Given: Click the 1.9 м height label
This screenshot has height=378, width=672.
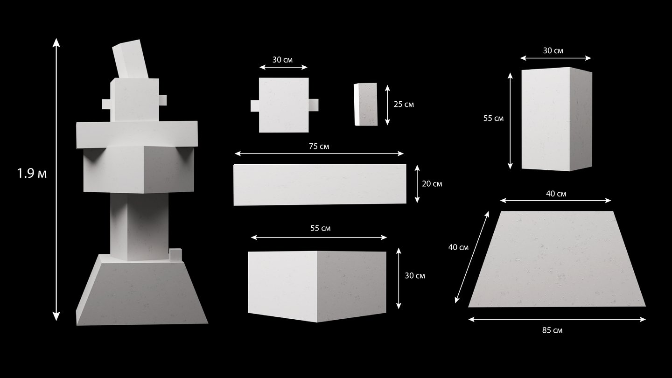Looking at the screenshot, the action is click(x=32, y=174).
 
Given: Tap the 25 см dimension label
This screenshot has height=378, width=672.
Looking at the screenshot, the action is click(x=404, y=105).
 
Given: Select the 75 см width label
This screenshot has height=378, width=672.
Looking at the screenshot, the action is click(x=319, y=147).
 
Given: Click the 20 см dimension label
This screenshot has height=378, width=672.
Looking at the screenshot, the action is click(x=432, y=183).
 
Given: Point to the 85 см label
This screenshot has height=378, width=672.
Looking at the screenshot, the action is click(x=553, y=330).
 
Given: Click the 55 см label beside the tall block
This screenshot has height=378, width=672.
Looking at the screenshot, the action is click(x=494, y=118).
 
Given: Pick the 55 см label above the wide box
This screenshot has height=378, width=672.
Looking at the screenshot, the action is click(x=321, y=228).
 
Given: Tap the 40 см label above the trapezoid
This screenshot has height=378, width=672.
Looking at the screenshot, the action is click(x=556, y=194).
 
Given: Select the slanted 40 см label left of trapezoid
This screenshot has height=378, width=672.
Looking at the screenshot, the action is click(x=458, y=247).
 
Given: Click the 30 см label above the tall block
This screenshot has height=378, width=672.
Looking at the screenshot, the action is click(x=553, y=51).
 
